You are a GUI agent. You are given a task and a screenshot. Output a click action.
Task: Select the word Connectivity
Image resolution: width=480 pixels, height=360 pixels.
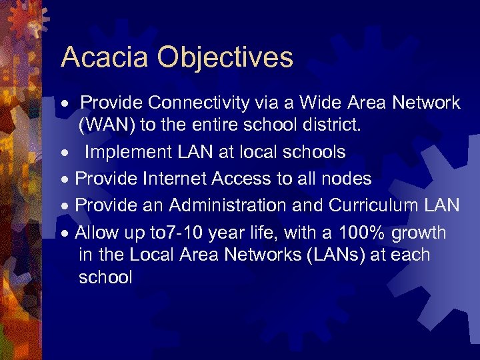tap(199, 103)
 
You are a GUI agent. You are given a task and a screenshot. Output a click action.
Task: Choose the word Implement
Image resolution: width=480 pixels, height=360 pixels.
tap(127, 153)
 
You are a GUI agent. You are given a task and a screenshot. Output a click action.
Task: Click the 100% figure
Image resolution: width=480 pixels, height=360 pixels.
tap(361, 233)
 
